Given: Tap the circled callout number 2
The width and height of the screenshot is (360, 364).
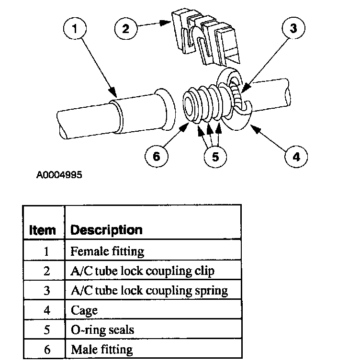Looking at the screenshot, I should click(125, 28).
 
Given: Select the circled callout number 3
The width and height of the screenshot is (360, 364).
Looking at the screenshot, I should click(292, 29).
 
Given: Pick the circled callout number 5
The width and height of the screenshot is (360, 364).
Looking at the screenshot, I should click(216, 156).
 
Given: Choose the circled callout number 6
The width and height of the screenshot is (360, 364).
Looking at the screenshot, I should click(158, 156).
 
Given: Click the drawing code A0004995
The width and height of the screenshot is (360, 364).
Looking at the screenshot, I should click(59, 175).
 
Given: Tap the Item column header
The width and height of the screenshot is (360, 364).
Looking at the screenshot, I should click(43, 229).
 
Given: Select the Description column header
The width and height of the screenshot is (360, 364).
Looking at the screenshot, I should click(106, 229).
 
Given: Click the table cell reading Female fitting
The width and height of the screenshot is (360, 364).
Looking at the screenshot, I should click(107, 250).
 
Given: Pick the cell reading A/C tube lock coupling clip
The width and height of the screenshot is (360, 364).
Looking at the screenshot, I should click(142, 271).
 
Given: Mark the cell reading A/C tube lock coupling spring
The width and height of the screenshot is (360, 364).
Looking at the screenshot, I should click(149, 290).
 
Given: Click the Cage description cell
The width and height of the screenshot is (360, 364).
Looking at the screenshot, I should click(84, 310).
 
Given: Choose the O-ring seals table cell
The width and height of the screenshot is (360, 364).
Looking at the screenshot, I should click(102, 330).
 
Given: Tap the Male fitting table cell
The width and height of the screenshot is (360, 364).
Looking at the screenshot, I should click(101, 349).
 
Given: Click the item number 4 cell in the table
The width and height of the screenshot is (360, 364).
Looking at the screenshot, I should click(46, 310).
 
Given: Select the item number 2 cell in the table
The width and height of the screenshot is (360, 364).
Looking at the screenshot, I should click(46, 271).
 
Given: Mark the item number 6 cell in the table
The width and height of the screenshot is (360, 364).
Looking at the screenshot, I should click(46, 349).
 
